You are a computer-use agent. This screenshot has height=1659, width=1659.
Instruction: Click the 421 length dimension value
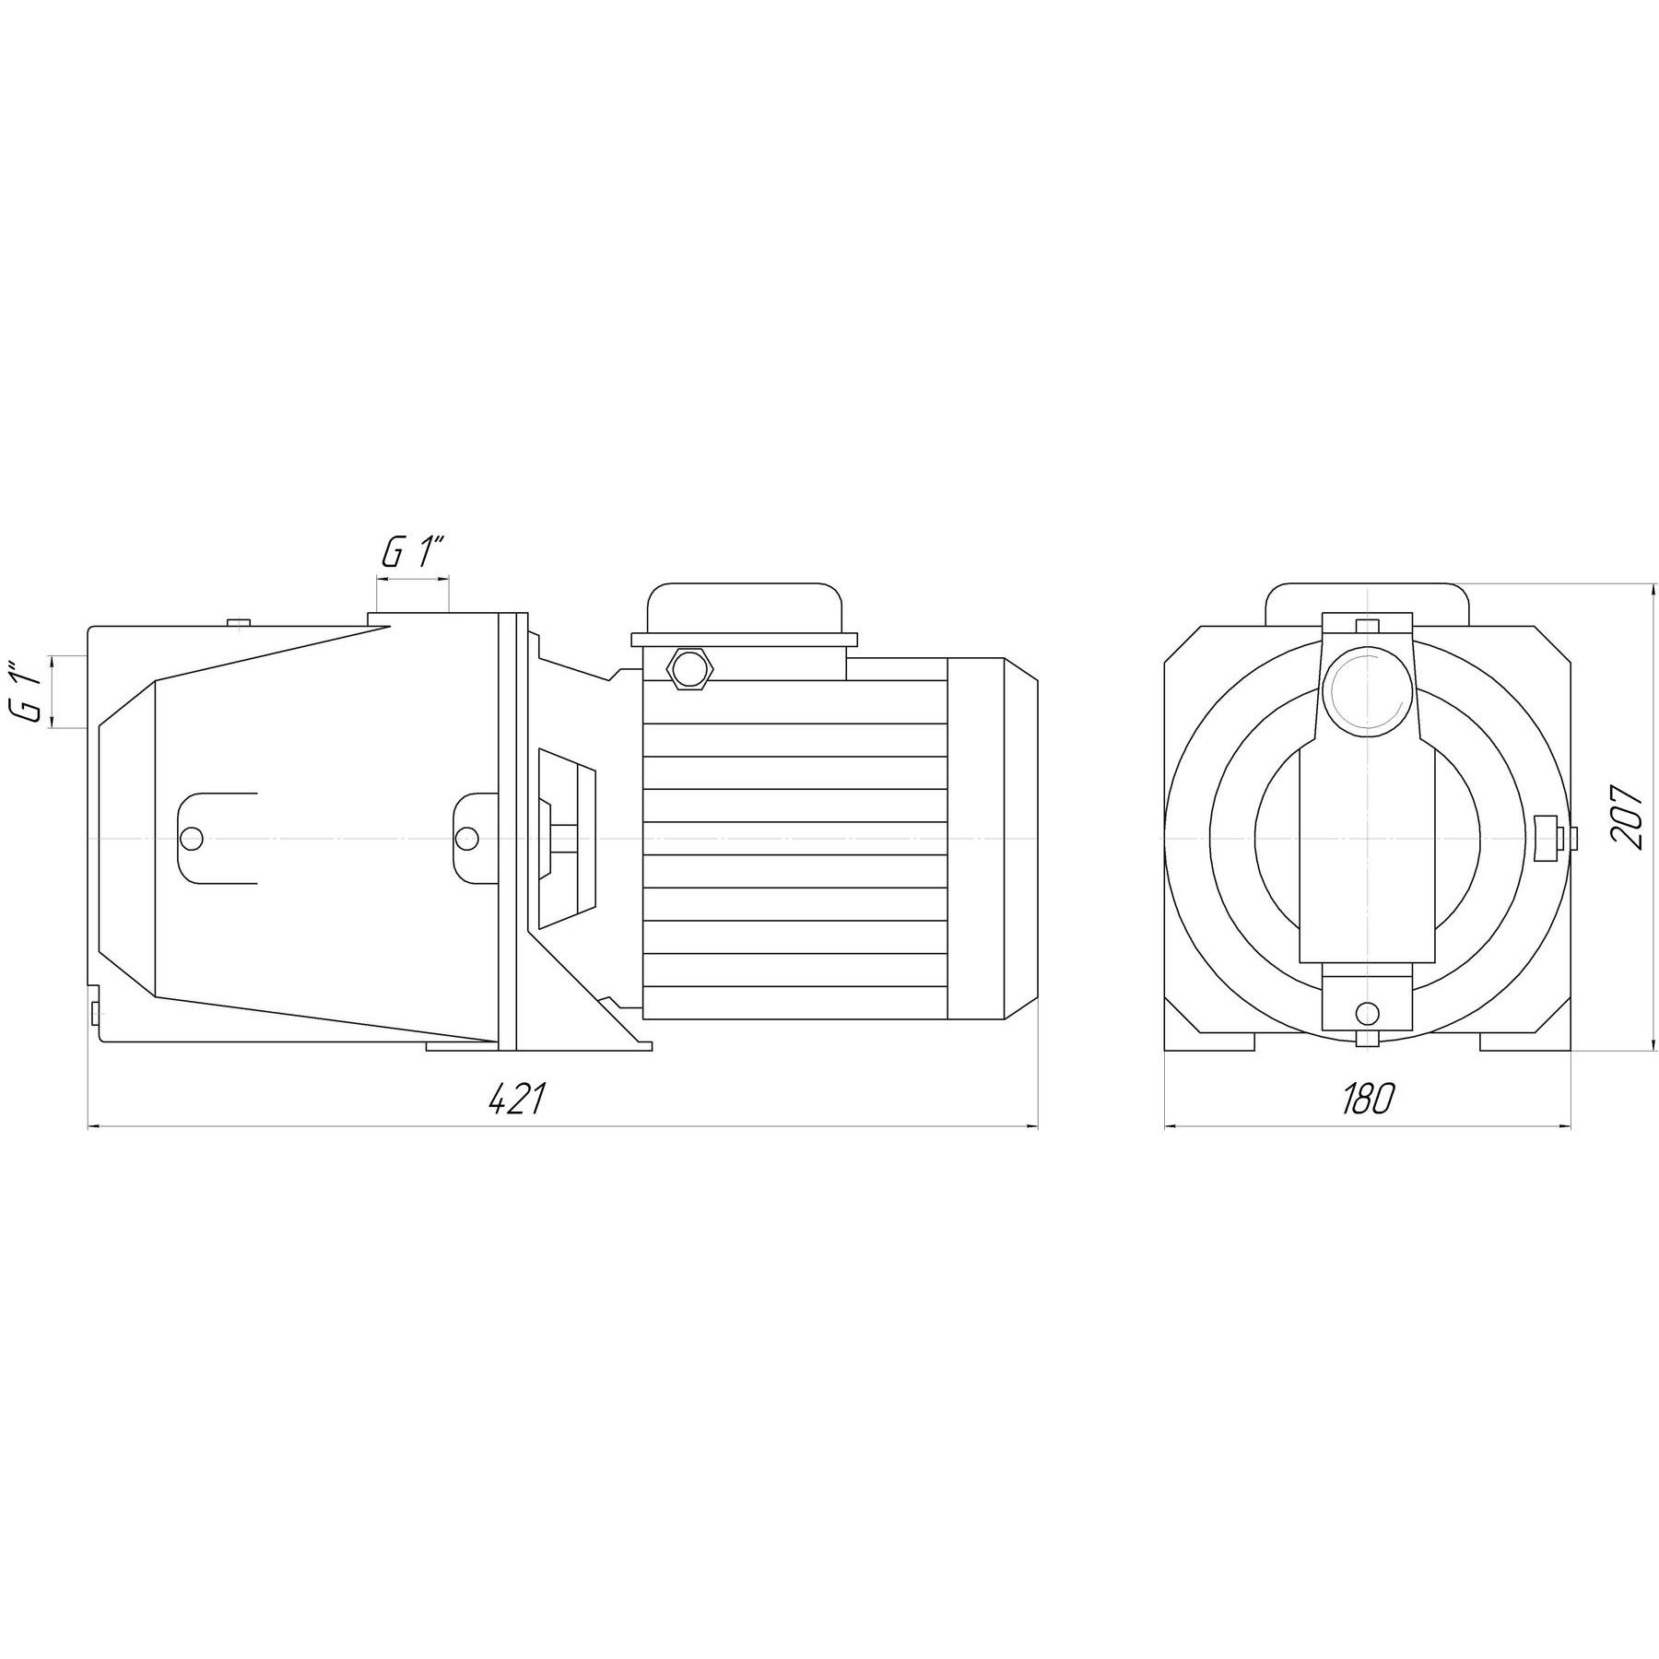click(x=518, y=1098)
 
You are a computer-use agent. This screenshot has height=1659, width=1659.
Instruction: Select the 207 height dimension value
click(x=1627, y=818)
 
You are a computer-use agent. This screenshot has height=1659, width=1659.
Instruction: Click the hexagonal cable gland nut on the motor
click(x=690, y=666)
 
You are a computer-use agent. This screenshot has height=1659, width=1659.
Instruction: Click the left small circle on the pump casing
click(x=193, y=838)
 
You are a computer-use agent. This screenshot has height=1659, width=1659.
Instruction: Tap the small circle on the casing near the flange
click(x=467, y=838)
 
